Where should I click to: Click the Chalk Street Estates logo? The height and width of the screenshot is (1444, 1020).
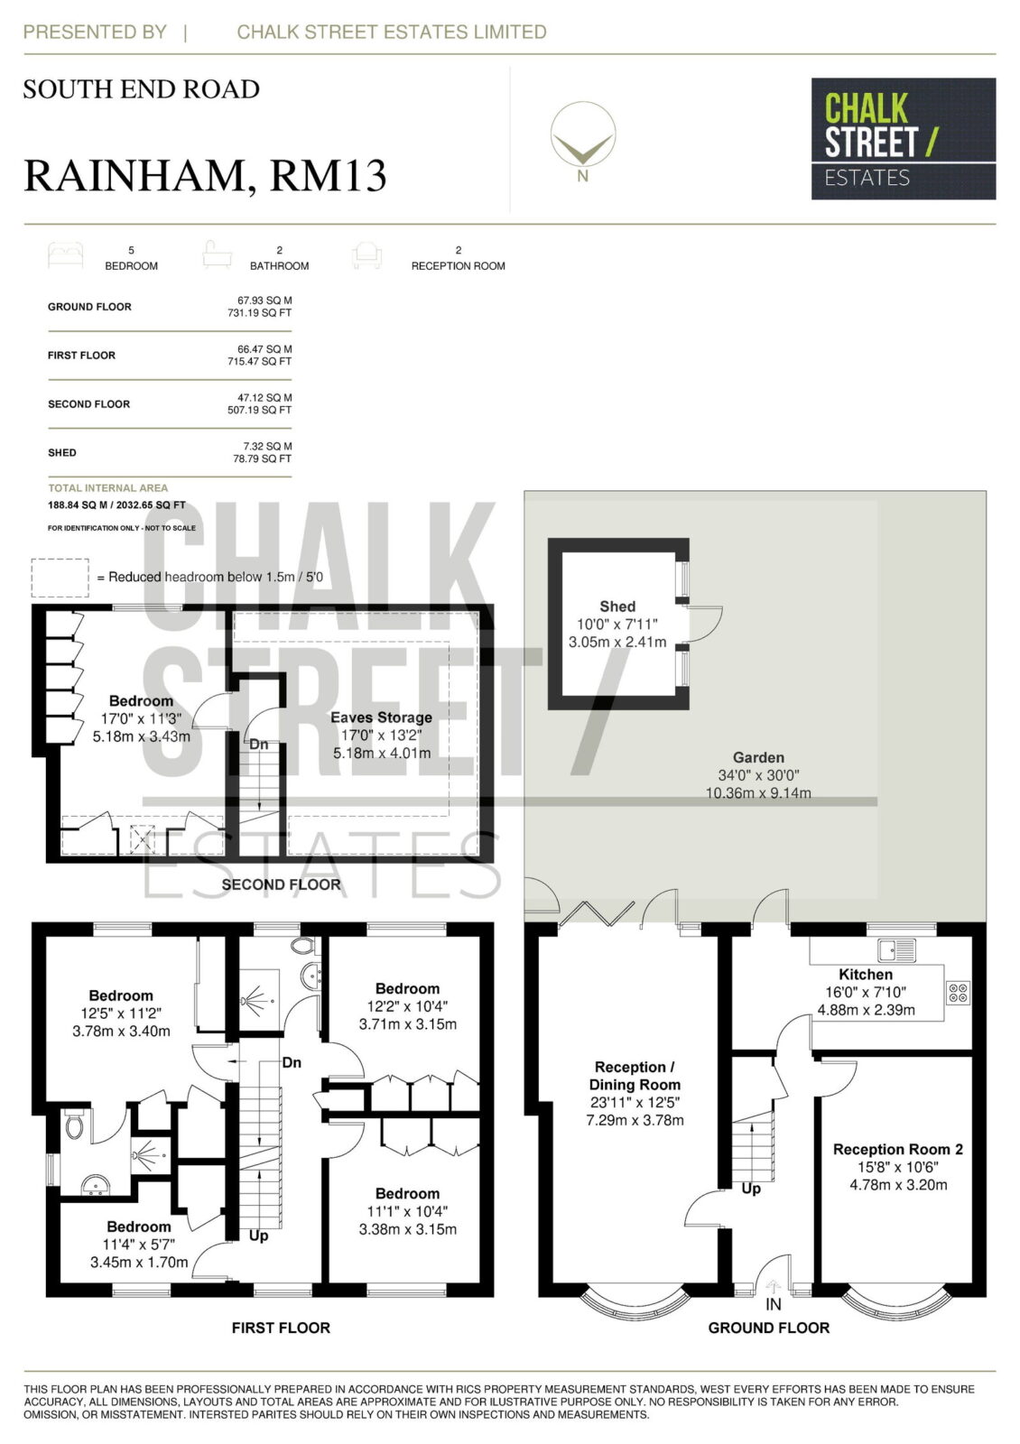(903, 139)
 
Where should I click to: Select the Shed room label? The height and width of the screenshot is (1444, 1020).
(617, 606)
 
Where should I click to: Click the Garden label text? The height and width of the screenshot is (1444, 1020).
(758, 757)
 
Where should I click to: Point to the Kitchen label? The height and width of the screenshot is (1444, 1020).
(866, 974)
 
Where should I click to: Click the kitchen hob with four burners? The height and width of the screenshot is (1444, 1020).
(958, 992)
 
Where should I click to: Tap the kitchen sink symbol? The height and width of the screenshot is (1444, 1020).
(896, 949)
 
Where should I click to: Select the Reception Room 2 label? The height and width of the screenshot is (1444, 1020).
(897, 1149)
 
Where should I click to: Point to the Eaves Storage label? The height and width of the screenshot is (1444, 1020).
(381, 717)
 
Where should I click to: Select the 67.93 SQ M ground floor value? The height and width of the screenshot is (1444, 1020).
(264, 301)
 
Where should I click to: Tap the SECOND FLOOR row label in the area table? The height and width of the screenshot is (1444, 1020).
(89, 404)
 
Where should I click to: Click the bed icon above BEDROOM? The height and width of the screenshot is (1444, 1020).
(66, 255)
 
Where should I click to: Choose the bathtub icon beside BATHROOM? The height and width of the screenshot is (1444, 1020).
(218, 255)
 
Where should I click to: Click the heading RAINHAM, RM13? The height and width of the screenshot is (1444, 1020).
(205, 175)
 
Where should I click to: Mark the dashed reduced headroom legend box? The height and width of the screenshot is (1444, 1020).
(60, 578)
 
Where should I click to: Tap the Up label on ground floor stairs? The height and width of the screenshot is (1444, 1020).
(751, 1188)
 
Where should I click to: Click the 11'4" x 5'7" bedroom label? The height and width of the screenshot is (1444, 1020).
(139, 1245)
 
